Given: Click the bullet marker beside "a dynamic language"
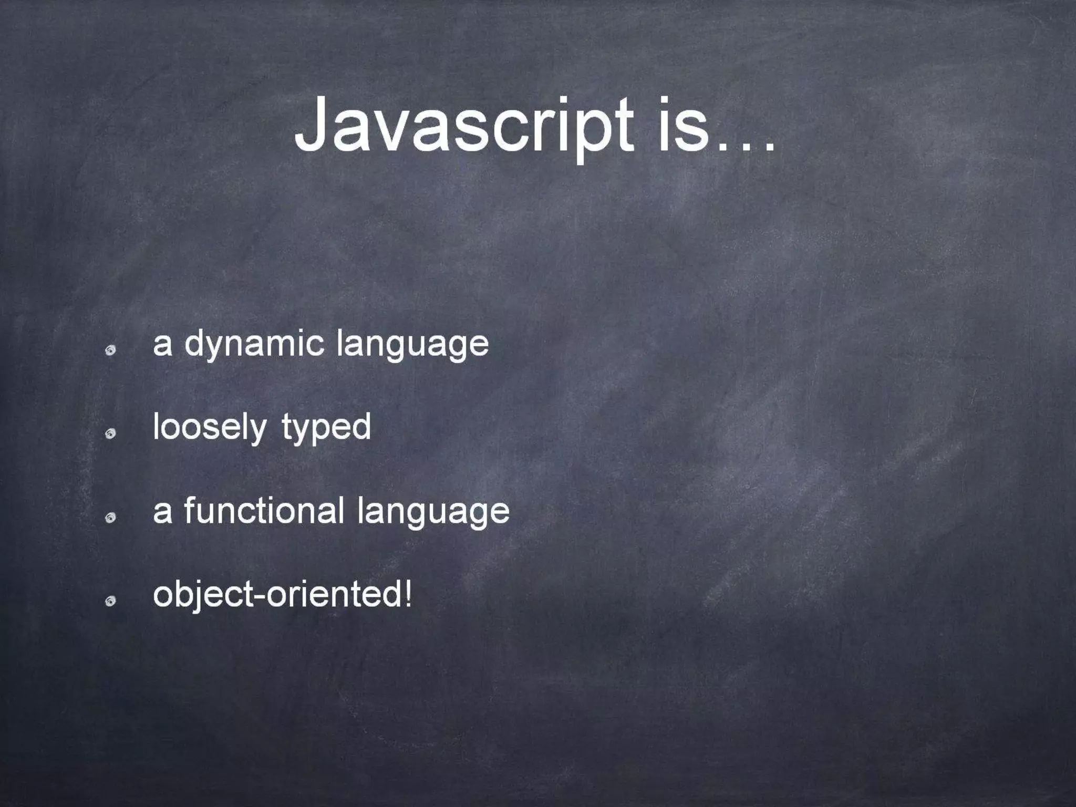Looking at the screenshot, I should (110, 351).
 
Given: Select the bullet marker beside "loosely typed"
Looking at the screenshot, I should (110, 434).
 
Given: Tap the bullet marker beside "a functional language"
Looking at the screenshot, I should (110, 519).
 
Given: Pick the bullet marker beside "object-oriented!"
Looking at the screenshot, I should (110, 602).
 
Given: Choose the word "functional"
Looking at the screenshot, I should (264, 511).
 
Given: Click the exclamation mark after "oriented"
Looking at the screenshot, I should (408, 594).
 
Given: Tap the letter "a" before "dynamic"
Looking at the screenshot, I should (162, 345).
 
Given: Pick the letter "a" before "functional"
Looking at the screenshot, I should (162, 512).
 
